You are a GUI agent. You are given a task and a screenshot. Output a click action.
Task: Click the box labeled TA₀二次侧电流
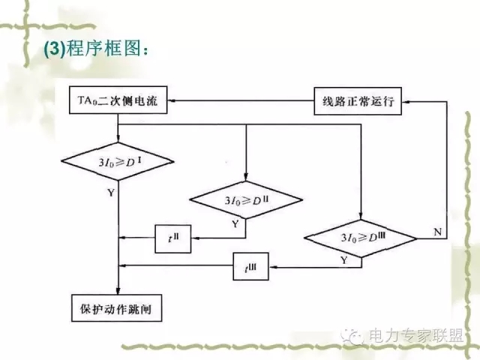[118, 100]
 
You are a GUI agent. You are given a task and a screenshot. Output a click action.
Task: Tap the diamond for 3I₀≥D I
[118, 161]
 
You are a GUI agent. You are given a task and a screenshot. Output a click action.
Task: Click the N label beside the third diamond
[437, 232]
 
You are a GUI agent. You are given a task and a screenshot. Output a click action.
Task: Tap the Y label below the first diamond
[111, 192]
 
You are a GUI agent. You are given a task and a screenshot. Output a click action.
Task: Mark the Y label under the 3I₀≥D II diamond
[235, 223]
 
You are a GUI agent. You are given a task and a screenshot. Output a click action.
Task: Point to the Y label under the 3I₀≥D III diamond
[344, 260]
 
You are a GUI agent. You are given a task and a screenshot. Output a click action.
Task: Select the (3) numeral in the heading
[55, 50]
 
